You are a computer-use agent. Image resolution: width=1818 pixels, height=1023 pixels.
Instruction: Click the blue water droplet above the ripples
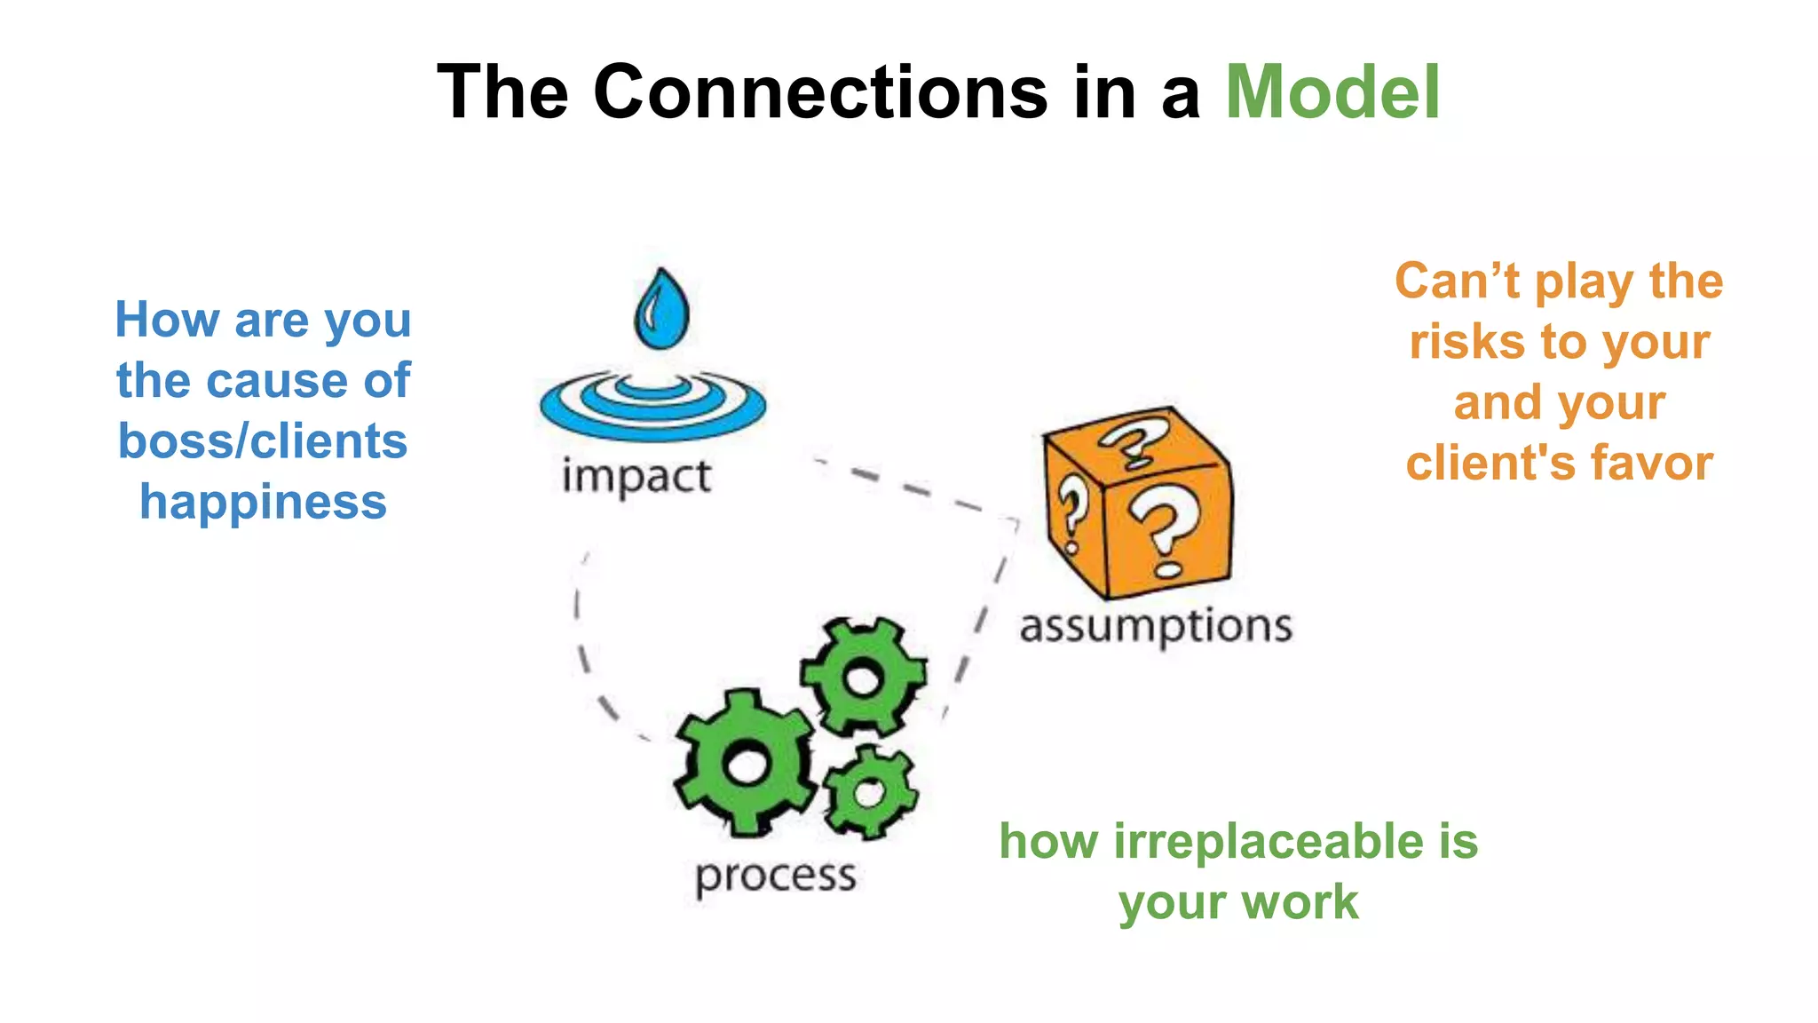661,310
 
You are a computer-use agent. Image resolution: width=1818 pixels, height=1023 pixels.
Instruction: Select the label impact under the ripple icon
636,477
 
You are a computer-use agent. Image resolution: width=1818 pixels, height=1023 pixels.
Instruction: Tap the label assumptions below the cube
1155,627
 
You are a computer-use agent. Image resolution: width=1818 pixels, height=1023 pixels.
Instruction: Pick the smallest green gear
869,792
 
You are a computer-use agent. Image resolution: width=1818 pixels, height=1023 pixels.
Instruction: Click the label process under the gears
775,876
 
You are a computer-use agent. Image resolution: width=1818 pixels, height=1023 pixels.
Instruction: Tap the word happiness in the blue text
263,503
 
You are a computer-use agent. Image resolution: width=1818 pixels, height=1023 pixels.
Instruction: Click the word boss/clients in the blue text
263,441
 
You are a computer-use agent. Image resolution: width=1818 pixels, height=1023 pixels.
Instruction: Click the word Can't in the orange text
1457,282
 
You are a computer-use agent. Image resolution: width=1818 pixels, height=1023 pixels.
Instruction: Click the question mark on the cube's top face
1132,441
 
